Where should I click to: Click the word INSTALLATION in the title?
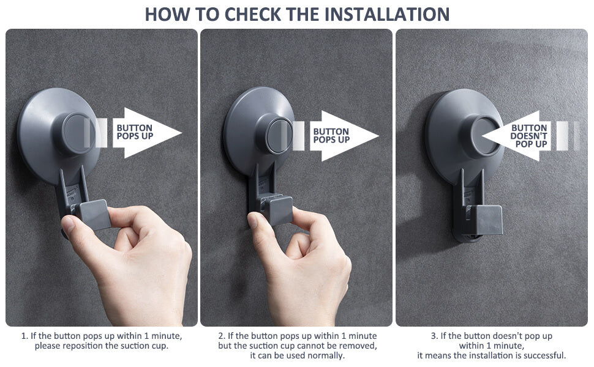[x=387, y=14]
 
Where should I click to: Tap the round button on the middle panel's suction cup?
[x=279, y=135]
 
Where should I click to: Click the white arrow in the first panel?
[x=146, y=132]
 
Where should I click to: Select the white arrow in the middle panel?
[x=344, y=135]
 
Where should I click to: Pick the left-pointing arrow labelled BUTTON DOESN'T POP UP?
[x=516, y=135]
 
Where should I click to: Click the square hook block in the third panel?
[x=484, y=220]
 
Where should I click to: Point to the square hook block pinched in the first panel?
[x=92, y=214]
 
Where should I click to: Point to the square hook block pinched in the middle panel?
[x=280, y=210]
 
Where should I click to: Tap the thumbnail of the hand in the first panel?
[x=68, y=224]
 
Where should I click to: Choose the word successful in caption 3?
[x=545, y=355]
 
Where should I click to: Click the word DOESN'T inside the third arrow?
[x=529, y=136]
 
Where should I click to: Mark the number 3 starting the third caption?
[x=434, y=336]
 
